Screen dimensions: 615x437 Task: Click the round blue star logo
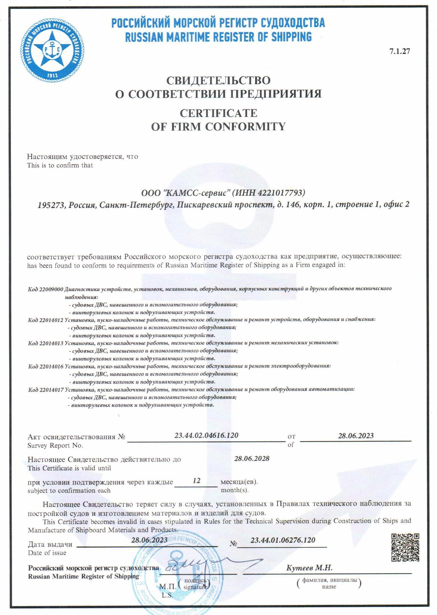pos(52,50)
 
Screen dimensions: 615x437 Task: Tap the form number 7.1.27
pos(399,51)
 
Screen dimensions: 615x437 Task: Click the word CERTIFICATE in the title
pos(218,113)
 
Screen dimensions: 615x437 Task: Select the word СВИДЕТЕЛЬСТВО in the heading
pos(218,80)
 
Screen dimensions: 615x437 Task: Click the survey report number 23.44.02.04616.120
pos(206,435)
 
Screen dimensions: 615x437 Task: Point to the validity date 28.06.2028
pos(252,459)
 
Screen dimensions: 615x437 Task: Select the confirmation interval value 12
pos(197,481)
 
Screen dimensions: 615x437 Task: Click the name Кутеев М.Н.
pos(309,568)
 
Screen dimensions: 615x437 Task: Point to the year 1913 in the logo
pos(52,75)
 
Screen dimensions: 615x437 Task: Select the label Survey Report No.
pos(55,445)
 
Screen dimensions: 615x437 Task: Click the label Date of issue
pos(47,553)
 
